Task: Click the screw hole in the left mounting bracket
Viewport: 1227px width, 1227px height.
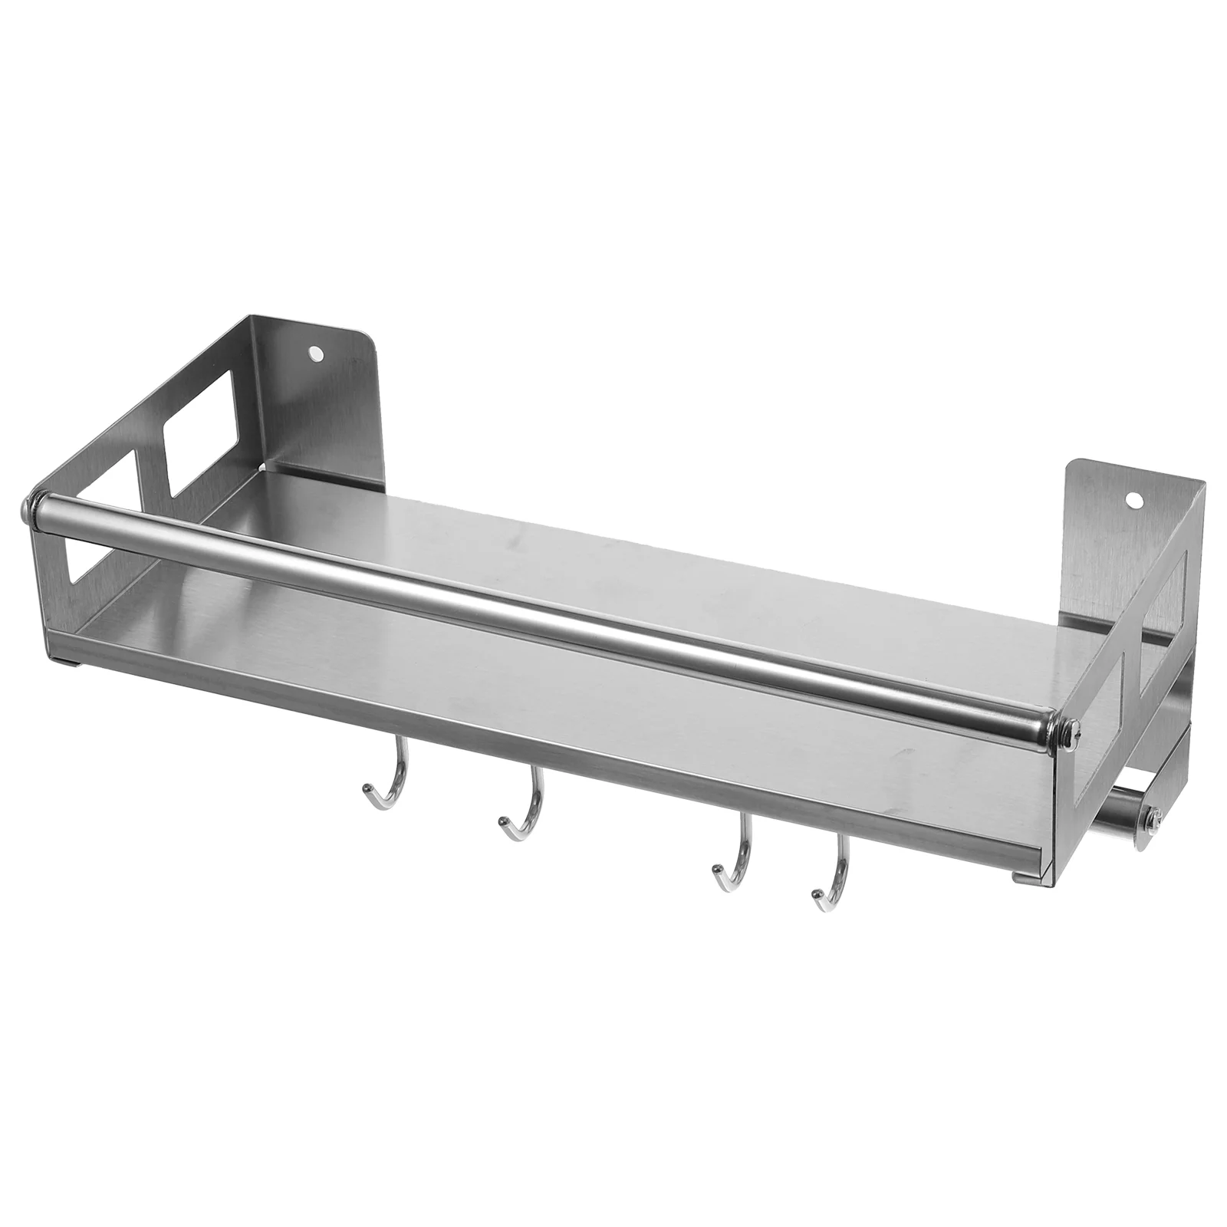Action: [314, 355]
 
